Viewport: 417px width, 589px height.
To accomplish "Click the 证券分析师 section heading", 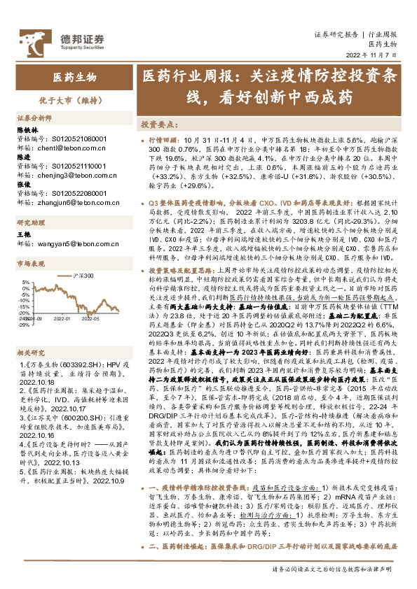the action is click(34, 118).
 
